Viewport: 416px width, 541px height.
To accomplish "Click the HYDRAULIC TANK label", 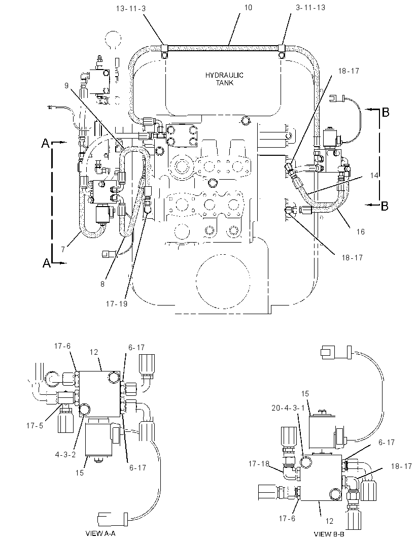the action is tap(224, 79).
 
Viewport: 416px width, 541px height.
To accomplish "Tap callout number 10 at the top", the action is tap(248, 8).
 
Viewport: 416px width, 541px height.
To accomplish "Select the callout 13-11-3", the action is tap(131, 8).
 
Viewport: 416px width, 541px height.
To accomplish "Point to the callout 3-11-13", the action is tap(310, 8).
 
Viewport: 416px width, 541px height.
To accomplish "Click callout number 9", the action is tap(66, 85).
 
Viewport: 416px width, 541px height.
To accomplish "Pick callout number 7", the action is tap(63, 250).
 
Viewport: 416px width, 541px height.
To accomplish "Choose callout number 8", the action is tap(102, 284).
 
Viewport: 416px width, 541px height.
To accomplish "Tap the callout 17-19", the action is tap(117, 303).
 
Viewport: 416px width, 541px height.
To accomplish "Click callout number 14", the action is tap(374, 175).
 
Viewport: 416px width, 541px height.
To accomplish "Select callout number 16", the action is tap(361, 232).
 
